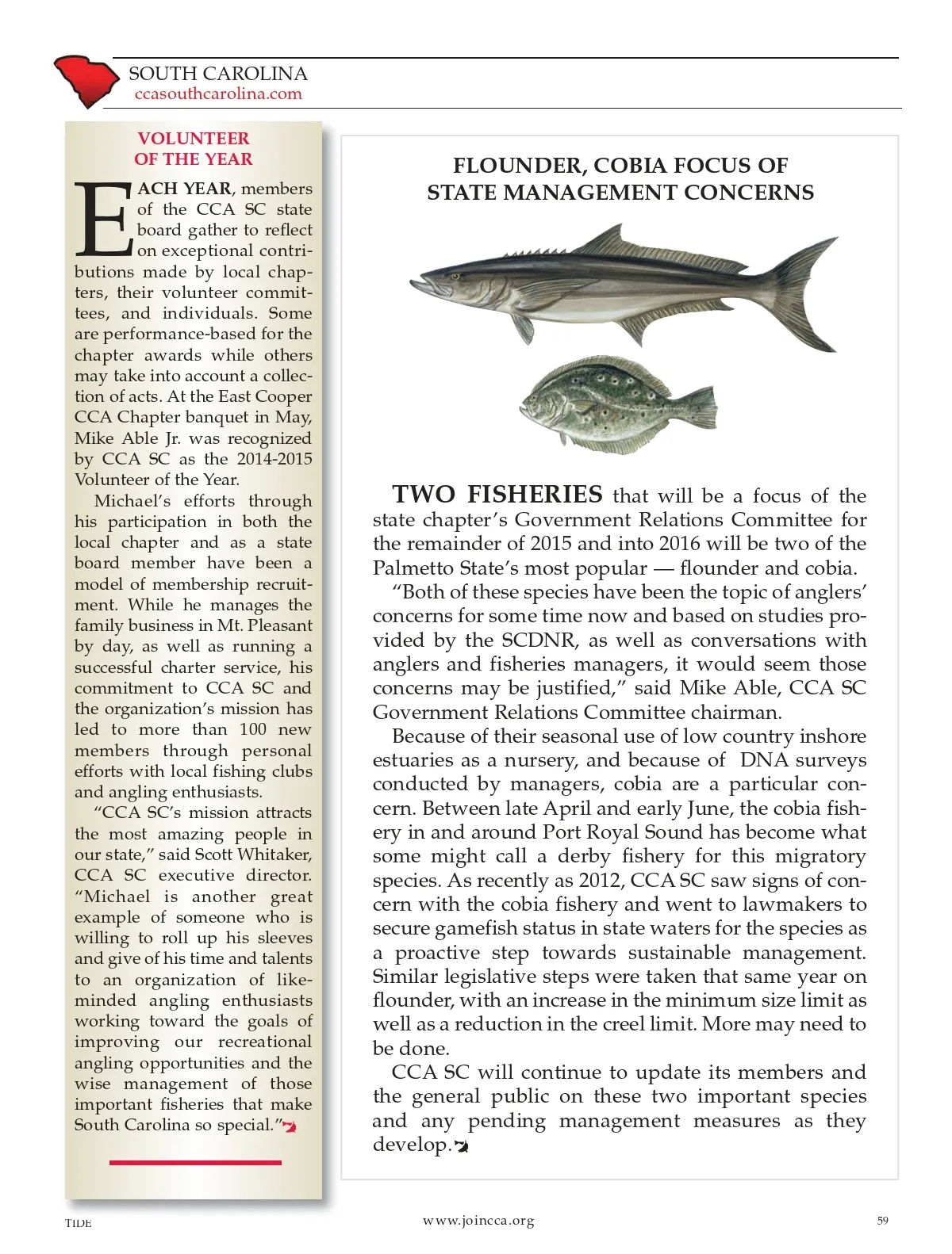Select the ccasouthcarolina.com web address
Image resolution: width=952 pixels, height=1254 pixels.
[218, 94]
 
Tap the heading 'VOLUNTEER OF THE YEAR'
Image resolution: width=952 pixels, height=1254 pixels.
[194, 148]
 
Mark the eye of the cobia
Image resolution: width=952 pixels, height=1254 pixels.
[455, 277]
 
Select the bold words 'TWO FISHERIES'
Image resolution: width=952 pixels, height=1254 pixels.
[497, 495]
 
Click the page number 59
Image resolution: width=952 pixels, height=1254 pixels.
[883, 1220]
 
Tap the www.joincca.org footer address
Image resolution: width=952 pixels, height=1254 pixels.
[478, 1221]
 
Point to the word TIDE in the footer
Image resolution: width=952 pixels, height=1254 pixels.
[79, 1223]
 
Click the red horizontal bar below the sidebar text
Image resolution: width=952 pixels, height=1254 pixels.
[195, 1162]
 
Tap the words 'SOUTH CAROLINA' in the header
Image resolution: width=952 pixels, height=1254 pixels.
[218, 74]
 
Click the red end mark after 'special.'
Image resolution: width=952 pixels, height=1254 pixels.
[290, 1127]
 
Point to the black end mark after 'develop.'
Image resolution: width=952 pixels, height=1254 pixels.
[461, 1146]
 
